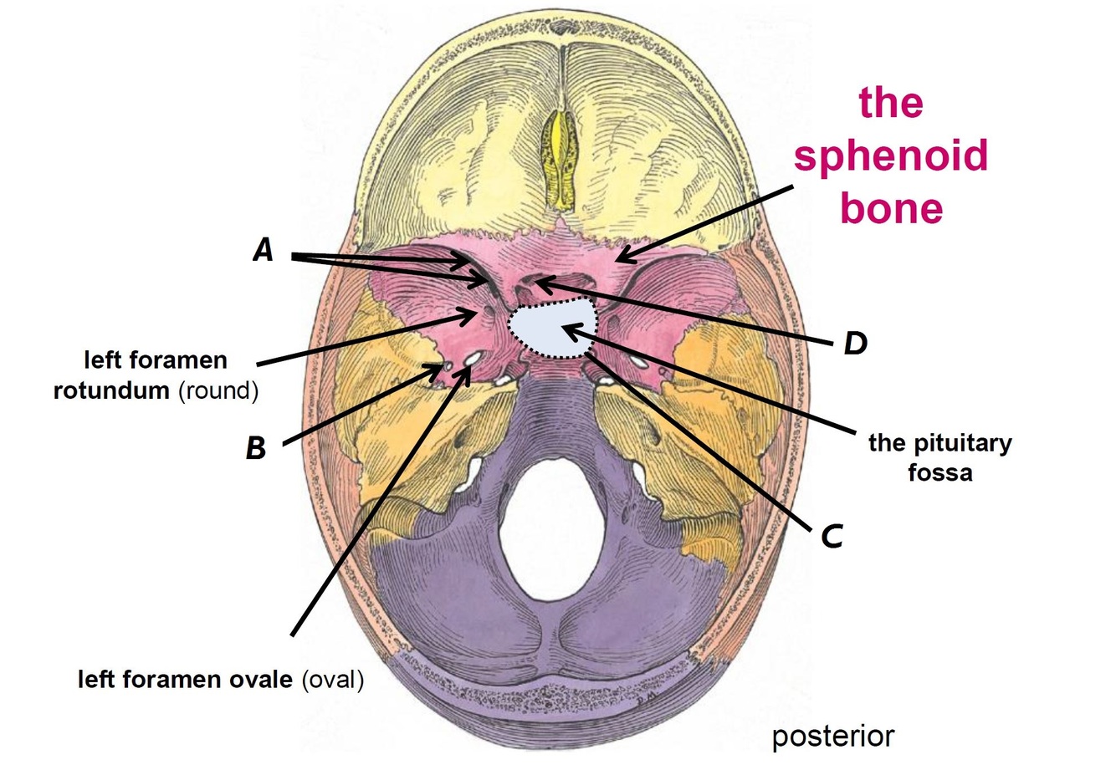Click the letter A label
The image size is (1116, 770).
coord(264,249)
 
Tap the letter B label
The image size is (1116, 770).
coord(255,449)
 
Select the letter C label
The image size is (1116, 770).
coord(831,537)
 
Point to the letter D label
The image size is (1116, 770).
coord(854,342)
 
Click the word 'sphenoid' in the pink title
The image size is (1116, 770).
coord(890,156)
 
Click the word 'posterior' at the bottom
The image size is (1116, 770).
coord(832,737)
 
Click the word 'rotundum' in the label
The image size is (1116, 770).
coord(112,390)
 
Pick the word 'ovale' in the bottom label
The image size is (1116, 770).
coord(260,680)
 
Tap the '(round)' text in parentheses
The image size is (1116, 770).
coord(218,390)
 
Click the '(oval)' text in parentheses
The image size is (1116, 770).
coord(332,680)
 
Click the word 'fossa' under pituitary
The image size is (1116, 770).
coord(940,472)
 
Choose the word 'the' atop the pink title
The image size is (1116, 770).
coord(890,104)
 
